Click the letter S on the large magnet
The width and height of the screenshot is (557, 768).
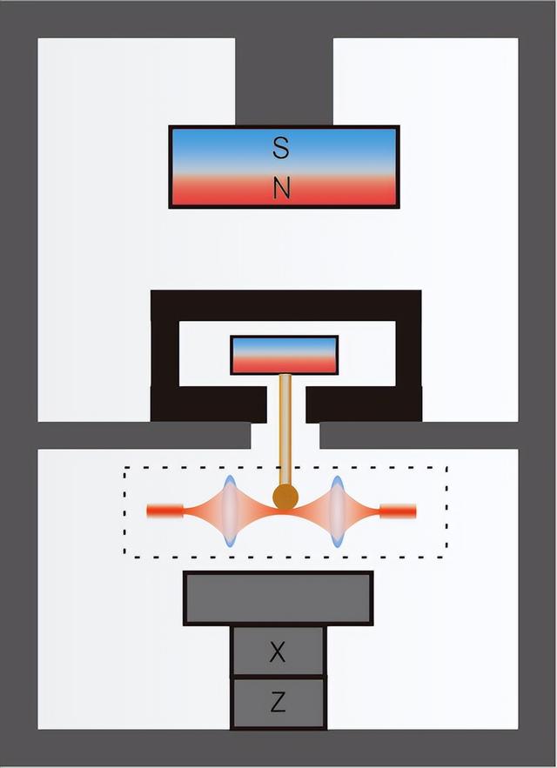pos(280,149)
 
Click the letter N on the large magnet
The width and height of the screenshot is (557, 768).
pos(280,189)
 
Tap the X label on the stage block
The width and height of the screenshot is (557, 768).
pos(278,652)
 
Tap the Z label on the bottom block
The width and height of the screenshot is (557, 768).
pos(278,703)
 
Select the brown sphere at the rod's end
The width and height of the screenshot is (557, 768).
pos(285,498)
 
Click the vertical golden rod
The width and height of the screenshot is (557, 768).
pos(285,426)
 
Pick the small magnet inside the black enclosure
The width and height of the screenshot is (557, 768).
pos(284,355)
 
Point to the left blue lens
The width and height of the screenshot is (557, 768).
pos(230,511)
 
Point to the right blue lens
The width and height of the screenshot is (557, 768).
pos(337,511)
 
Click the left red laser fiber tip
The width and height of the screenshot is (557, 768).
pos(164,511)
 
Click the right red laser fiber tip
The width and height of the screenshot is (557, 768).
pos(399,511)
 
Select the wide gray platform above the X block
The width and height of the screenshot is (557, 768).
pos(278,598)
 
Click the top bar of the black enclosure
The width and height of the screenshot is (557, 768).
pos(285,304)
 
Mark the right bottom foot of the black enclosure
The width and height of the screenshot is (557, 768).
pos(364,404)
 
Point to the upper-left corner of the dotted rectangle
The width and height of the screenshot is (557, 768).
pos(125,468)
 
